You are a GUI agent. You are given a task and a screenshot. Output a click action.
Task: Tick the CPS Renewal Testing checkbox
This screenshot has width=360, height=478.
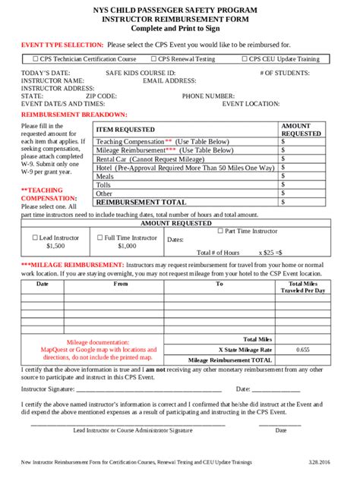(153, 58)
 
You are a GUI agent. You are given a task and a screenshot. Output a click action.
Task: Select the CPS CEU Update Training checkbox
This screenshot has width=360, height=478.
(245, 58)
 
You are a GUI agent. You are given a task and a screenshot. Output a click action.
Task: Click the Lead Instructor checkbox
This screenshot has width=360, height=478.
(34, 237)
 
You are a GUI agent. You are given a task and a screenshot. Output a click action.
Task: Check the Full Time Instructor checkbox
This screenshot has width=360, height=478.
(99, 237)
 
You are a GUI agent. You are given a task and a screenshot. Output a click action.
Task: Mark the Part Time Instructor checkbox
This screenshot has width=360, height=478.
(221, 231)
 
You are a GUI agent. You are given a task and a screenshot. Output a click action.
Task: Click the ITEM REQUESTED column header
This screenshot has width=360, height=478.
(126, 130)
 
